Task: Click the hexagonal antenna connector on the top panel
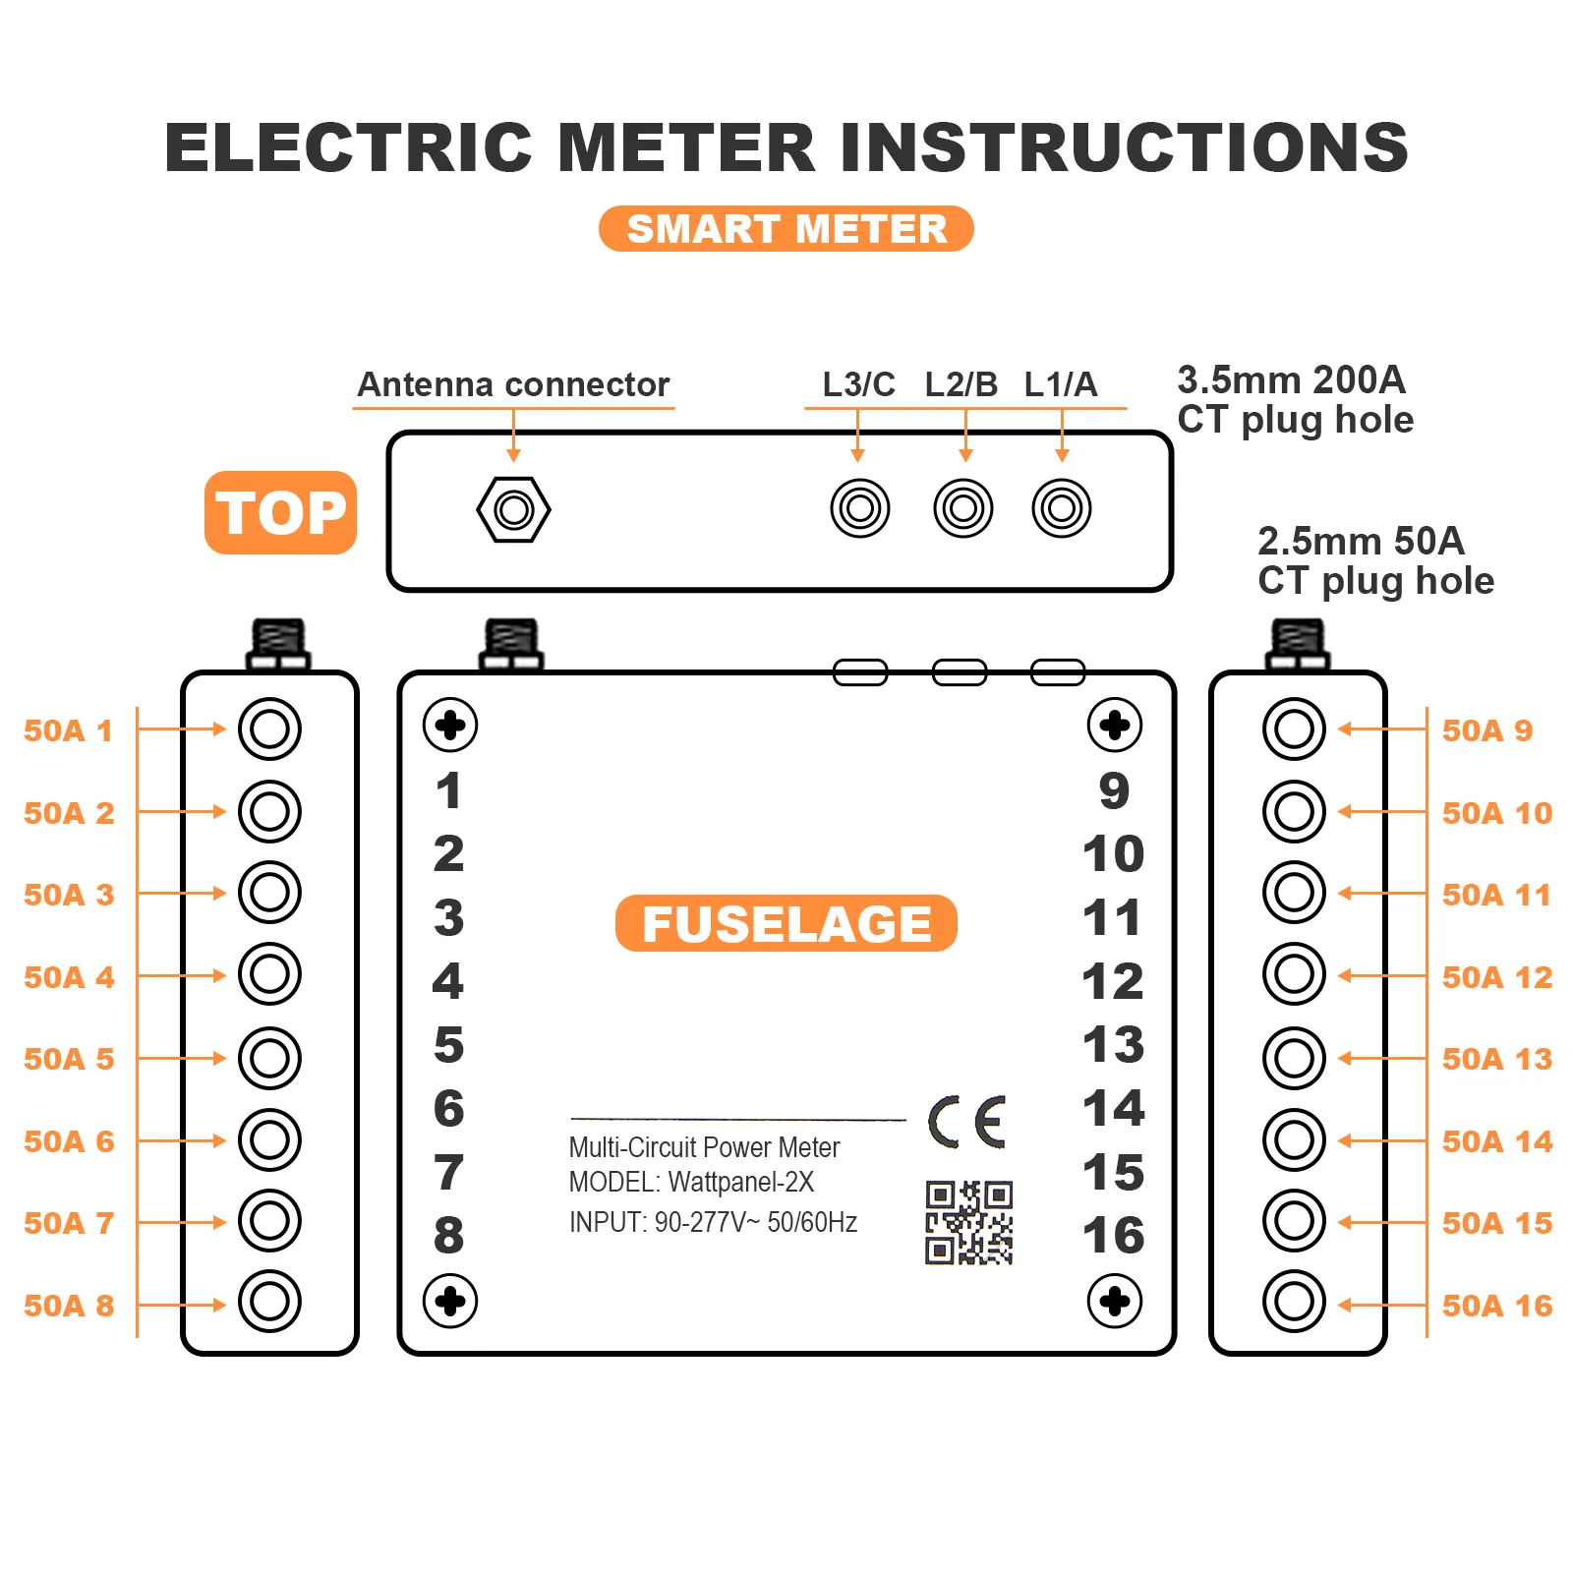[513, 509]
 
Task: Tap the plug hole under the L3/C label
[859, 508]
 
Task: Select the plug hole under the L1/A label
[1061, 508]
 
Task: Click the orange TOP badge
[280, 512]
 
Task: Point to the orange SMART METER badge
[786, 229]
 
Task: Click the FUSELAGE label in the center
[786, 923]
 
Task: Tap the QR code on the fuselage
[968, 1222]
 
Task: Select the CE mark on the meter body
[967, 1122]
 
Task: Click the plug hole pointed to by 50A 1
[269, 728]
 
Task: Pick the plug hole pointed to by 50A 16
[1294, 1302]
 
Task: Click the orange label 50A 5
[69, 1059]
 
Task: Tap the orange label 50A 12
[1496, 977]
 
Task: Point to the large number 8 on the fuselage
[448, 1236]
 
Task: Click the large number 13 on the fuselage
[1113, 1044]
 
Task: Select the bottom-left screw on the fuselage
[450, 1301]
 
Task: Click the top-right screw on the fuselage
[1114, 726]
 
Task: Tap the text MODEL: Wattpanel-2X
[691, 1182]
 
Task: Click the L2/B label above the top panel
[961, 384]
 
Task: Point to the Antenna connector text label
[513, 384]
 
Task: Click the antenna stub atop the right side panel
[1298, 644]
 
